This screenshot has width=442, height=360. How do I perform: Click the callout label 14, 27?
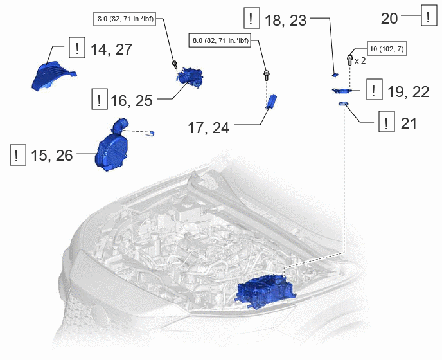pyautogui.click(x=111, y=50)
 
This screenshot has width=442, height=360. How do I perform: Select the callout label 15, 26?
pyautogui.click(x=52, y=155)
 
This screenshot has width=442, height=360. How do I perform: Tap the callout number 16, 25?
pyautogui.click(x=131, y=101)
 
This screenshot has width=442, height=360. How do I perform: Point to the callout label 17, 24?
pyautogui.click(x=208, y=127)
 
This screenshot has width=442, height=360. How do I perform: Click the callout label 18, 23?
pyautogui.click(x=285, y=21)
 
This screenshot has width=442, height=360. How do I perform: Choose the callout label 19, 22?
pyautogui.click(x=408, y=92)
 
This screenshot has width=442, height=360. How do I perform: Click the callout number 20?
pyautogui.click(x=389, y=19)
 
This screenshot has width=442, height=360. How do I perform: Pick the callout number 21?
pyautogui.click(x=409, y=123)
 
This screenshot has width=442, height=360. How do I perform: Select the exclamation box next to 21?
pyautogui.click(x=387, y=122)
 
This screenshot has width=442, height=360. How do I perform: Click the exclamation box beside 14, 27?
pyautogui.click(x=77, y=48)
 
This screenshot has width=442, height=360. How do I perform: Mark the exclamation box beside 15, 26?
pyautogui.click(x=18, y=155)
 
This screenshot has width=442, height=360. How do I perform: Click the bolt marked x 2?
pyautogui.click(x=350, y=60)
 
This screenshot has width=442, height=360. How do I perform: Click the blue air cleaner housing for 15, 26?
pyautogui.click(x=112, y=148)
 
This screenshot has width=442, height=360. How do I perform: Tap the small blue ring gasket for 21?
pyautogui.click(x=343, y=104)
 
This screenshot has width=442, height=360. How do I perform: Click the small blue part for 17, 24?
pyautogui.click(x=272, y=102)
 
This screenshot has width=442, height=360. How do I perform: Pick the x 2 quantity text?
pyautogui.click(x=360, y=60)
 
